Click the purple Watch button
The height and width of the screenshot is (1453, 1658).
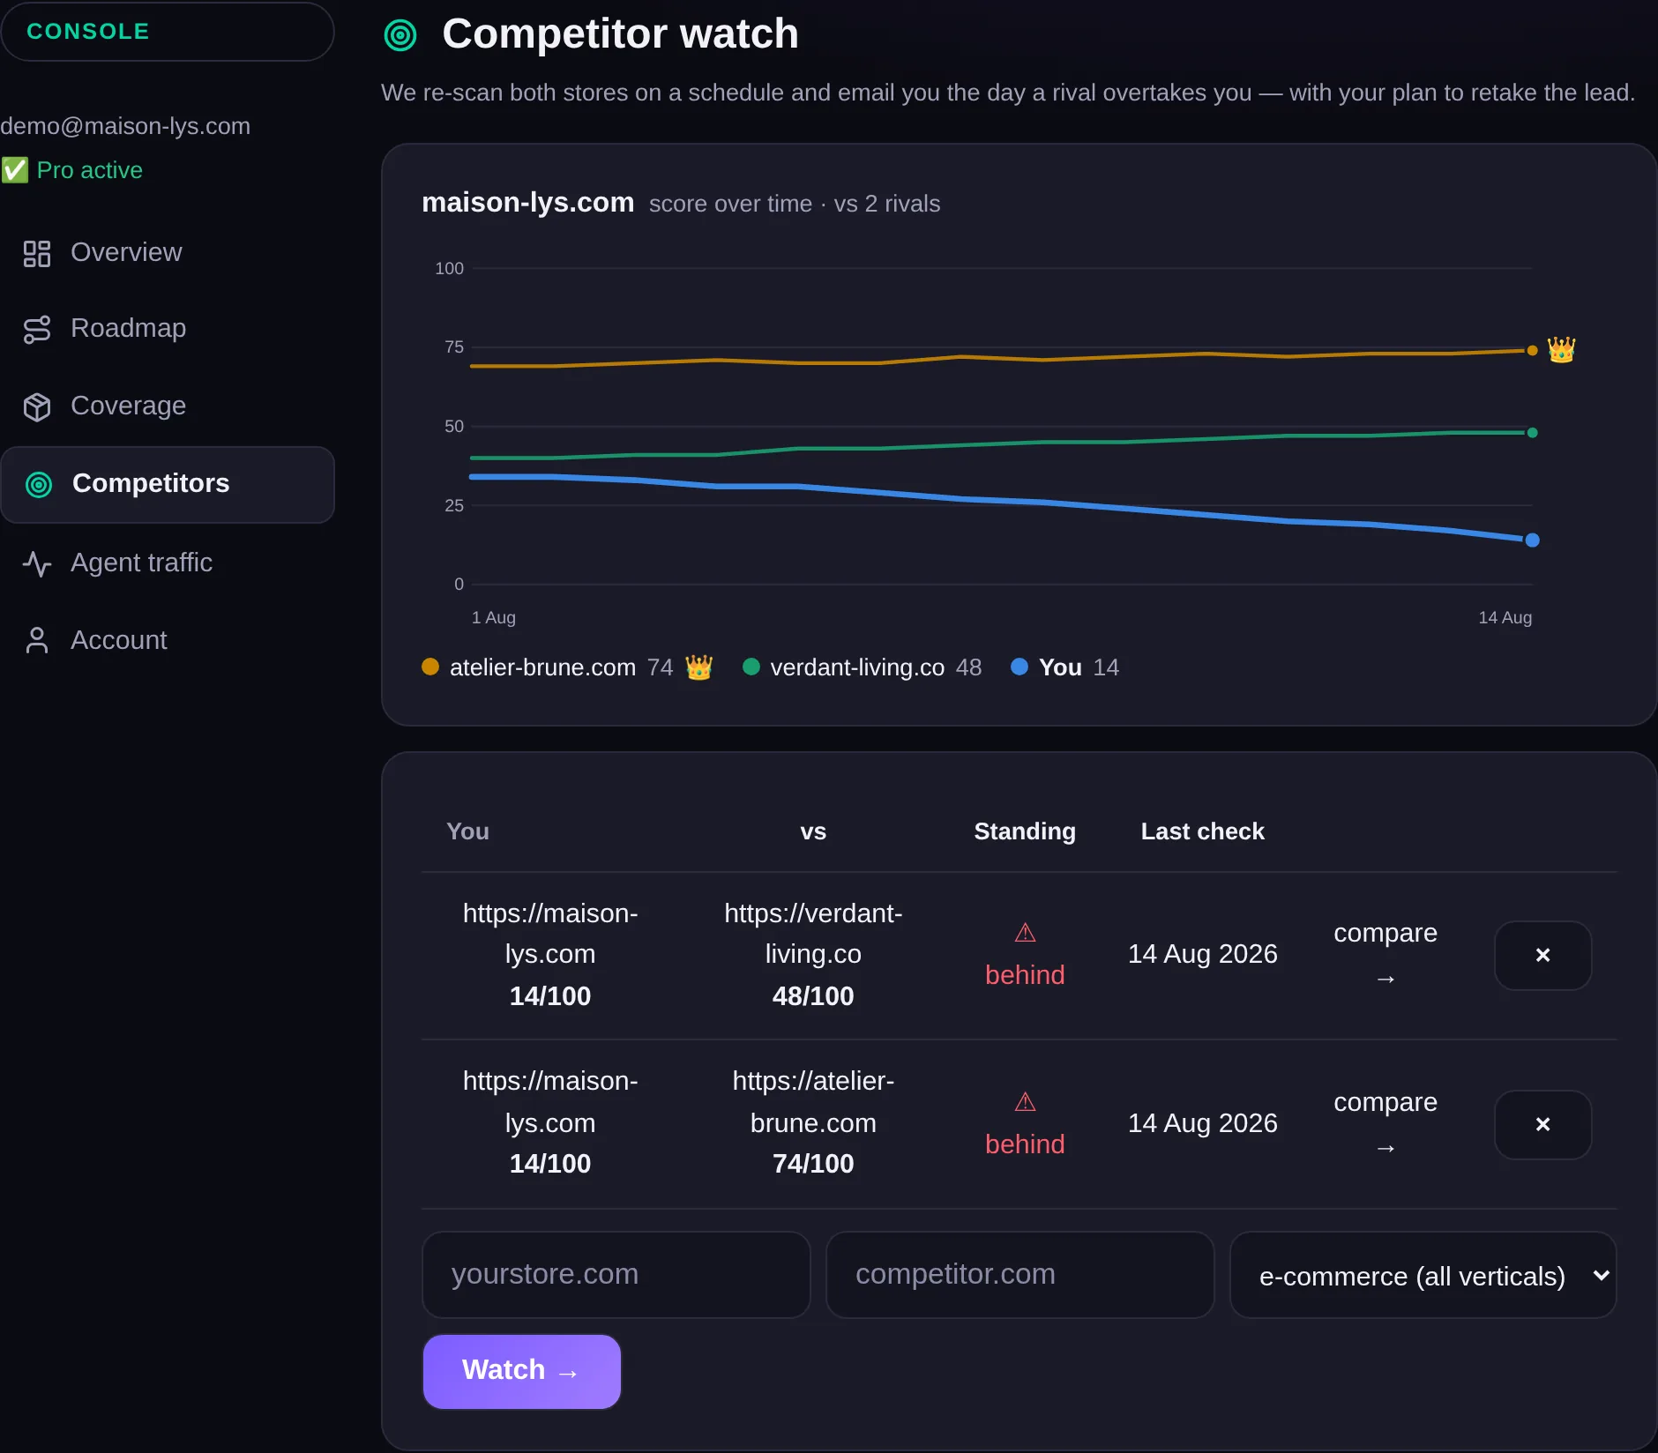522,1371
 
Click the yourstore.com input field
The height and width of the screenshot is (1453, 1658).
616,1274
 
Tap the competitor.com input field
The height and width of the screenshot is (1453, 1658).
1019,1274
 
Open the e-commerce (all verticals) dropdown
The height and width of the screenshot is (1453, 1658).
1423,1275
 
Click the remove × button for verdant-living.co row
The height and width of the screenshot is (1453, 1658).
1542,955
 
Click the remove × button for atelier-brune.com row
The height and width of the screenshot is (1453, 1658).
1542,1124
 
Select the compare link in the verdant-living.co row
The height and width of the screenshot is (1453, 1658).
1385,954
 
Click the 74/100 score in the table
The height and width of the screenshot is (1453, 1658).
813,1164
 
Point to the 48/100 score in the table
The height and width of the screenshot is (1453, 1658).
813,996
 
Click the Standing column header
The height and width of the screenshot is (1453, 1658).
1025,831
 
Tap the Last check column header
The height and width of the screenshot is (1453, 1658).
1202,831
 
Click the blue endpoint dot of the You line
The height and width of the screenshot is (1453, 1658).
1533,540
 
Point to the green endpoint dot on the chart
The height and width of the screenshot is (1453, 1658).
1533,432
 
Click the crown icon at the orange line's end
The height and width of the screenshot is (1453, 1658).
1561,350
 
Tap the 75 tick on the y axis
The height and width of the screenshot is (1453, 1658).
454,346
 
